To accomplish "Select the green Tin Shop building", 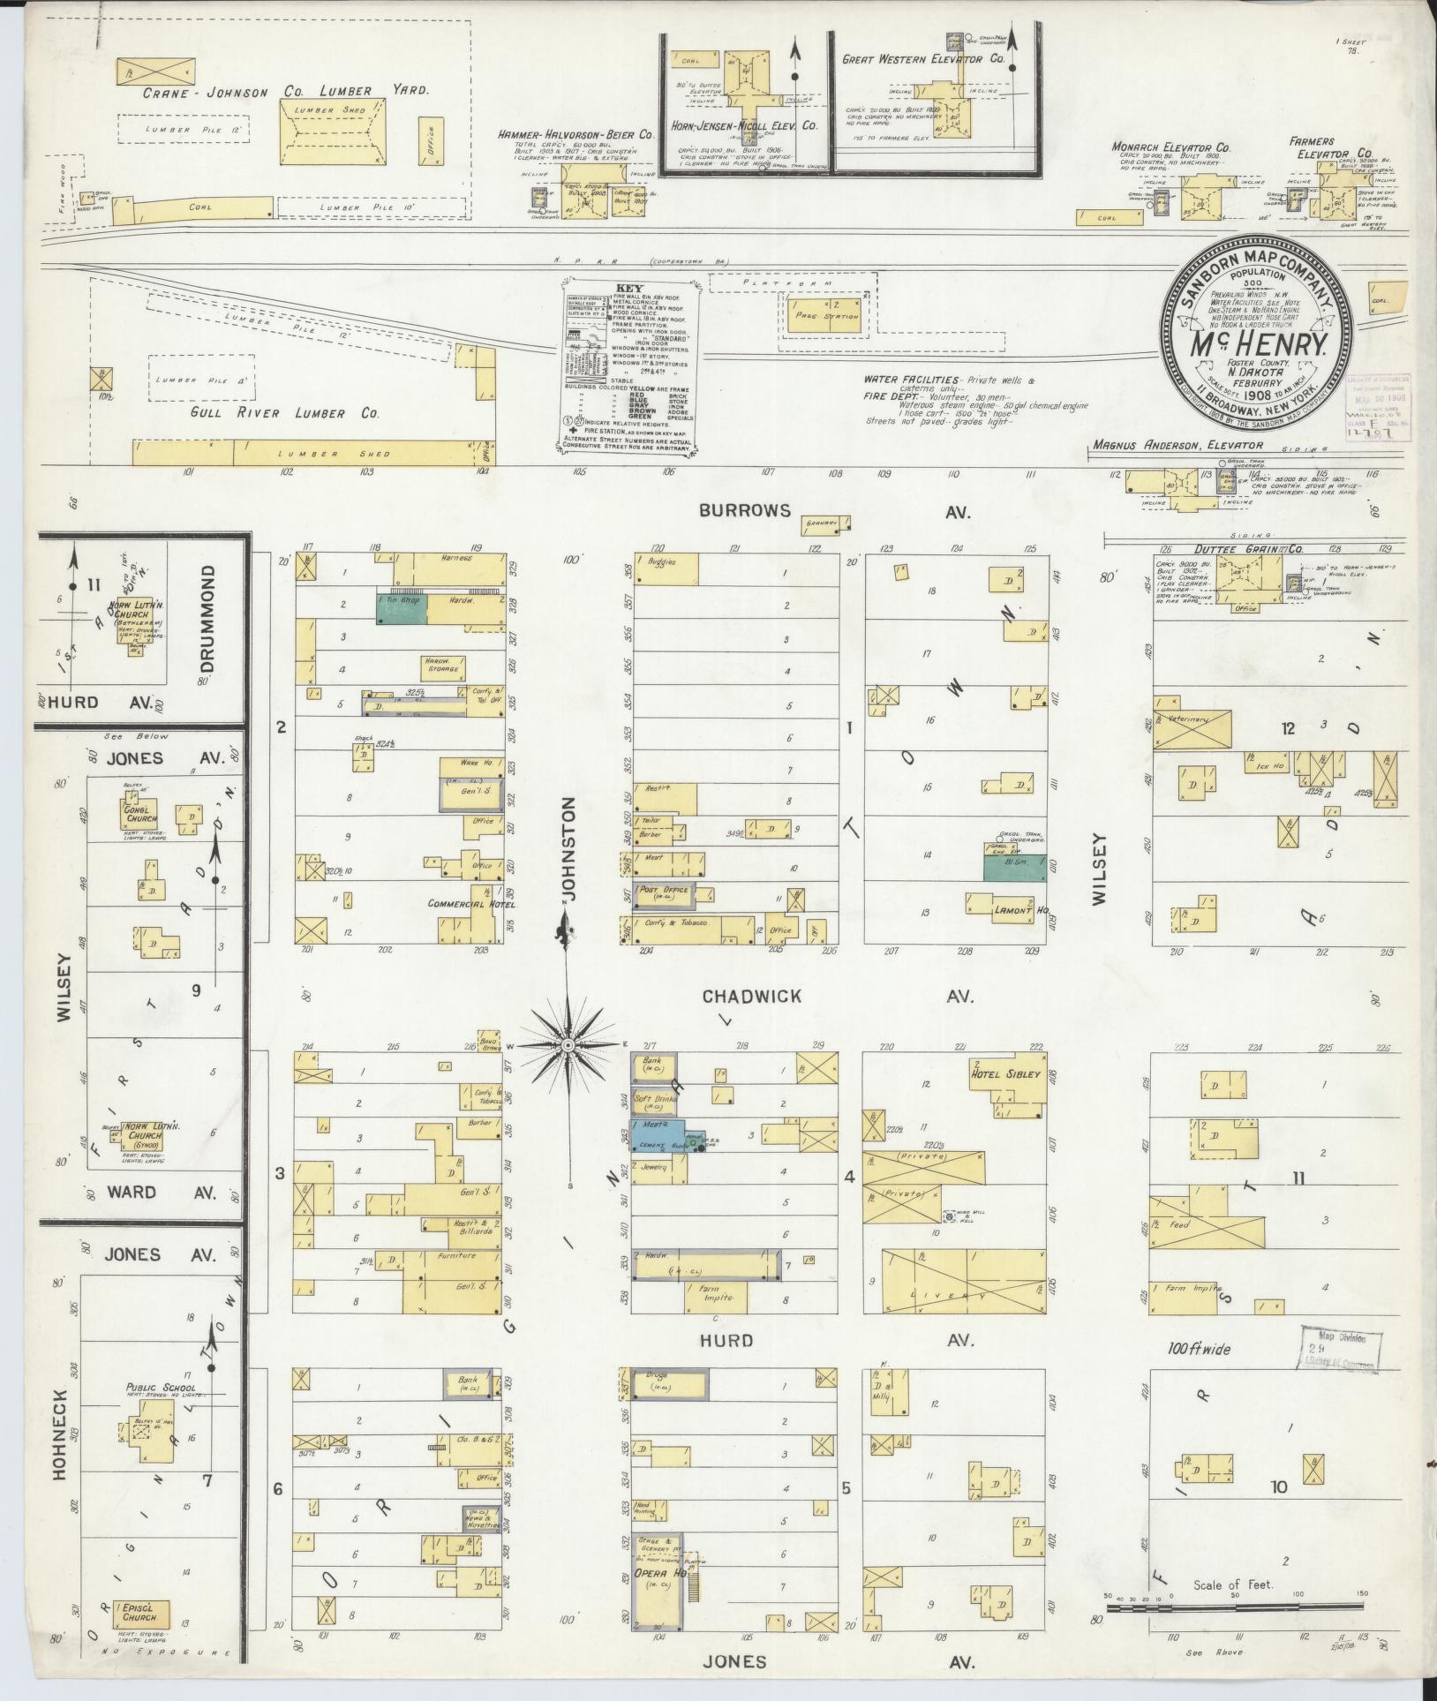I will [x=403, y=609].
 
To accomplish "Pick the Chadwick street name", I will [x=752, y=997].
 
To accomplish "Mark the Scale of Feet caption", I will [x=1233, y=1584].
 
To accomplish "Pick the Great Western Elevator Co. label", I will [x=923, y=60].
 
